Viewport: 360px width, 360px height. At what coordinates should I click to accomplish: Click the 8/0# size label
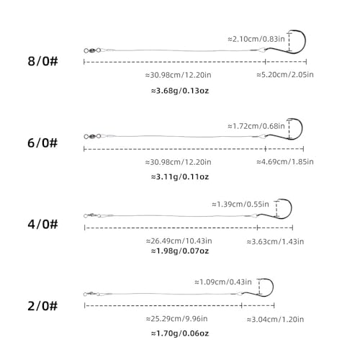[42, 61]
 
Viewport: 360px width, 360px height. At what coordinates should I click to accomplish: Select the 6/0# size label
[42, 143]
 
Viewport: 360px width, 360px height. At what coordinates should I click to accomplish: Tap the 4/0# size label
[42, 224]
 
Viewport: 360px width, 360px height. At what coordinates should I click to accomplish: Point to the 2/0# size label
[42, 306]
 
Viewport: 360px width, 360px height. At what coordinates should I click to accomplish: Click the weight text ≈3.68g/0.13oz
[180, 91]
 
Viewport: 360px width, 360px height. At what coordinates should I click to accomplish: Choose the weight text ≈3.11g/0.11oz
[180, 177]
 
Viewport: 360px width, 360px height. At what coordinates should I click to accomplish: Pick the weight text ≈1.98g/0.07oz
[180, 251]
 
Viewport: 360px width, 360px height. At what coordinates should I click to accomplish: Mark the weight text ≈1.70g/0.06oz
[180, 333]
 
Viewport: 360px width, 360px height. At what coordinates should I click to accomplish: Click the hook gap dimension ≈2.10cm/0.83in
[256, 39]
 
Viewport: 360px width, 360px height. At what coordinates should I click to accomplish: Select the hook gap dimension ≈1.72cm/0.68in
[256, 126]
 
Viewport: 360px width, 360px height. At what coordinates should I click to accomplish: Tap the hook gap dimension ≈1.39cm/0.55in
[240, 204]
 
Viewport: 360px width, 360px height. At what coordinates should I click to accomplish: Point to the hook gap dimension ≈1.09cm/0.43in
[223, 282]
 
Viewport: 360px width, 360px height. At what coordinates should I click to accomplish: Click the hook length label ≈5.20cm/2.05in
[285, 75]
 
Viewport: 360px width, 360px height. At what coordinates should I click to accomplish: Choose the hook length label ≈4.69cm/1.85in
[285, 162]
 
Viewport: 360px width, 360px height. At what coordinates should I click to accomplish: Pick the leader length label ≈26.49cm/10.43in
[179, 240]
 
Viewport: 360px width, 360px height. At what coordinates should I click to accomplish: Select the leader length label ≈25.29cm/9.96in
[177, 319]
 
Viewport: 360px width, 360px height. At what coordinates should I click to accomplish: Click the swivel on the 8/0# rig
[92, 50]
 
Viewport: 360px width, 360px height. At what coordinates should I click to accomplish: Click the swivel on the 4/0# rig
[92, 215]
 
